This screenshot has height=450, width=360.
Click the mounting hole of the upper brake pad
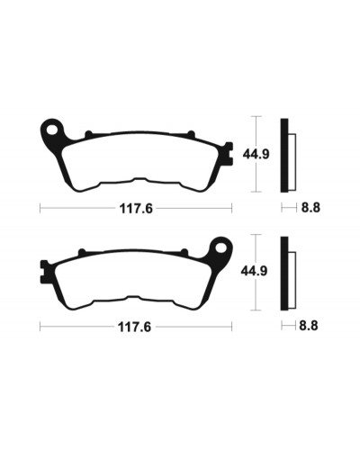53,130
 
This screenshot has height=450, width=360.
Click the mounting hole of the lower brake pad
220,248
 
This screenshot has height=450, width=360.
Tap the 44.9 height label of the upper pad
256,155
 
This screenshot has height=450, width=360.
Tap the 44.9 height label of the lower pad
254,271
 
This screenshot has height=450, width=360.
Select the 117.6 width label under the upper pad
136,208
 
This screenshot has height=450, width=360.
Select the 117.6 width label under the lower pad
134,327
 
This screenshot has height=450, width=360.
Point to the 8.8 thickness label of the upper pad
310,208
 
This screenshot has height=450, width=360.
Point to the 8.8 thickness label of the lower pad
309,326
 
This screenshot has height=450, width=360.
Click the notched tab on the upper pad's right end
229,153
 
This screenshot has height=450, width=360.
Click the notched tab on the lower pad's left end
44,272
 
